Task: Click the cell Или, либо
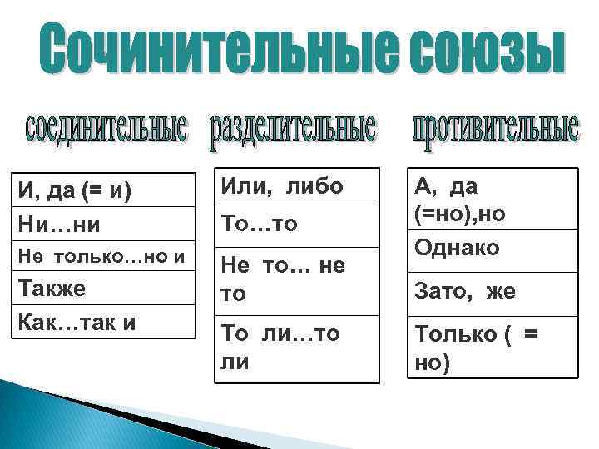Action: coord(297,187)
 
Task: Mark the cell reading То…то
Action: coord(297,224)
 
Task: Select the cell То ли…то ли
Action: coord(297,348)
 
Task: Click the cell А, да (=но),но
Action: coord(493,200)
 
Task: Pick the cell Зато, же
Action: coord(493,291)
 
